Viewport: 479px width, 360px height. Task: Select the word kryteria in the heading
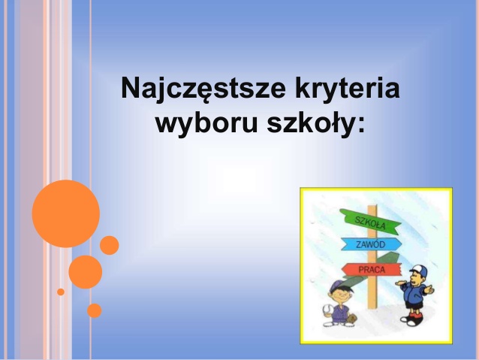click(x=348, y=89)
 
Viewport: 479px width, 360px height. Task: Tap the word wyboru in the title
click(x=206, y=123)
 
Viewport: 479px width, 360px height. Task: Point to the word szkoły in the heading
click(x=310, y=123)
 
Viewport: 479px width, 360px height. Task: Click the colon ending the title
click(x=362, y=125)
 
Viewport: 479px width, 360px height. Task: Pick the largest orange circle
click(x=66, y=213)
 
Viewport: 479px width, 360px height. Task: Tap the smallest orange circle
click(x=61, y=292)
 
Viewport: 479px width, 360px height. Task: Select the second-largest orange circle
click(x=86, y=272)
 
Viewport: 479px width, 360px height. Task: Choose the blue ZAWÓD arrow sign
click(x=371, y=244)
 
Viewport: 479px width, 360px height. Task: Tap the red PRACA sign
click(x=371, y=270)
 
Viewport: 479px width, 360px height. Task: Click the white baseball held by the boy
click(x=327, y=309)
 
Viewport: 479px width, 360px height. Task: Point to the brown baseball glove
click(x=352, y=319)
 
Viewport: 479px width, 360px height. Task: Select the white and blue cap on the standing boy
click(x=418, y=271)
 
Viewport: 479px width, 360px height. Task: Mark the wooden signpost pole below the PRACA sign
click(x=372, y=292)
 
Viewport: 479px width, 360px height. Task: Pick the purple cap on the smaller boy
click(x=339, y=286)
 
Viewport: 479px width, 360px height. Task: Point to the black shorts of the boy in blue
click(x=414, y=304)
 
